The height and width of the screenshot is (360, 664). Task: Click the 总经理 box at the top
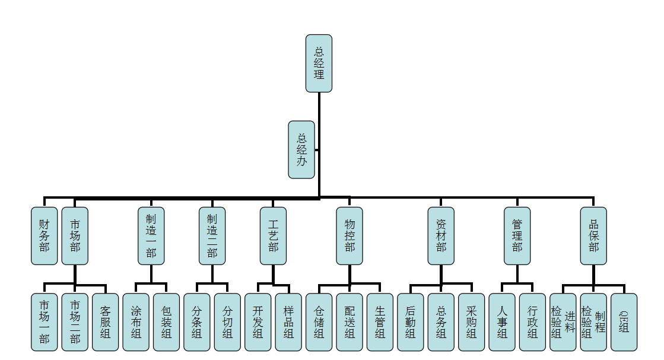pos(319,63)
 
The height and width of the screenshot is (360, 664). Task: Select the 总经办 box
pos(301,149)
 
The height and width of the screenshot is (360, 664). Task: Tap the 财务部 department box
pos(45,235)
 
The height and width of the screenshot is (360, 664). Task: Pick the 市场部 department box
pos(75,235)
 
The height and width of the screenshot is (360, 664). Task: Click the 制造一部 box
pos(151,235)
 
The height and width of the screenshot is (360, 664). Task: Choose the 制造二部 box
pos(212,235)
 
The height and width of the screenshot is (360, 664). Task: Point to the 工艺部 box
pos(273,235)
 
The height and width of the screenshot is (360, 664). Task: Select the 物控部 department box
pos(349,235)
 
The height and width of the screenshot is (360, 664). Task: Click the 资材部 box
pos(441,235)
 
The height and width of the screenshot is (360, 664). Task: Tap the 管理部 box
pos(517,235)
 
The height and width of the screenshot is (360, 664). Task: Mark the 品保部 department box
pos(593,235)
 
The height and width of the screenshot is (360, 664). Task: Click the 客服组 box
pos(106,322)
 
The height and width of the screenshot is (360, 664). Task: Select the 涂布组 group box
pos(136,322)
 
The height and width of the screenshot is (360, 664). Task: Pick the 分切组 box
pos(227,322)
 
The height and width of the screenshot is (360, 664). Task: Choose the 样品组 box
pos(288,322)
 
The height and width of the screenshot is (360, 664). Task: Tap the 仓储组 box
pos(319,322)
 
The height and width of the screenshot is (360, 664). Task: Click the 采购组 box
pos(471,322)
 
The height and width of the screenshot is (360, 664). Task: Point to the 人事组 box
pos(502,322)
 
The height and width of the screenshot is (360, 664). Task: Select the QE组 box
pos(624,322)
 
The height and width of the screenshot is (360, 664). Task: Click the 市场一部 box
pos(45,322)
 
